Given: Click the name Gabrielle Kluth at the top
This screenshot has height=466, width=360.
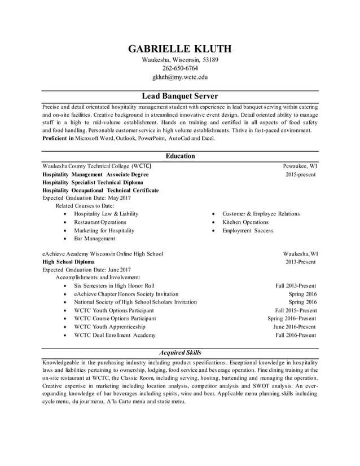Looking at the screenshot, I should tap(179, 49).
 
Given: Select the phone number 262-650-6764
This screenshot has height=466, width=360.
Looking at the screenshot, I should tap(179, 68).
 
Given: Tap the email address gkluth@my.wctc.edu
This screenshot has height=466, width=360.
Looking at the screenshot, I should tap(179, 77).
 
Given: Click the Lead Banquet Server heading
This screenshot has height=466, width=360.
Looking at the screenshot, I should tap(179, 96).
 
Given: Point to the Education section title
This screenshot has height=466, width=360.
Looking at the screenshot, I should tap(180, 156).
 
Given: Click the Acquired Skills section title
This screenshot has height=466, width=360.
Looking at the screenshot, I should tap(180, 353).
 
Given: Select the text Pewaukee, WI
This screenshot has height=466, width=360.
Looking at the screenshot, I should tap(300, 166).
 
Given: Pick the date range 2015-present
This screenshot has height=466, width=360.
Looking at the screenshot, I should tap(301, 175).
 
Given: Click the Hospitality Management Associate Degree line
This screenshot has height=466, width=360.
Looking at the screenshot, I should tap(95, 175).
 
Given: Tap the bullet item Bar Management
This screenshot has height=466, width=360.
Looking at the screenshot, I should tap(94, 239).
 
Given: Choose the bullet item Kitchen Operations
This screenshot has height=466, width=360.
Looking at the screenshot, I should tap(245, 222).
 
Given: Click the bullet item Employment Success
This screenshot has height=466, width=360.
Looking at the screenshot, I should tap(247, 231).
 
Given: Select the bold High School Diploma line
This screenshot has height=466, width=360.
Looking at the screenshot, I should tap(69, 262).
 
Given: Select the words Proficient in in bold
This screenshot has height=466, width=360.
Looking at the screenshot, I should tap(58, 138).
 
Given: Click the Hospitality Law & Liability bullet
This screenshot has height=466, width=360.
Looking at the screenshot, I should tap(106, 214).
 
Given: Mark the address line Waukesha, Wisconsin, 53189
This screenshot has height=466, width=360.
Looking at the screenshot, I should tap(179, 60).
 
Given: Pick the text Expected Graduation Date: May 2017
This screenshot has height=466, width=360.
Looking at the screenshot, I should tap(86, 199).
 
